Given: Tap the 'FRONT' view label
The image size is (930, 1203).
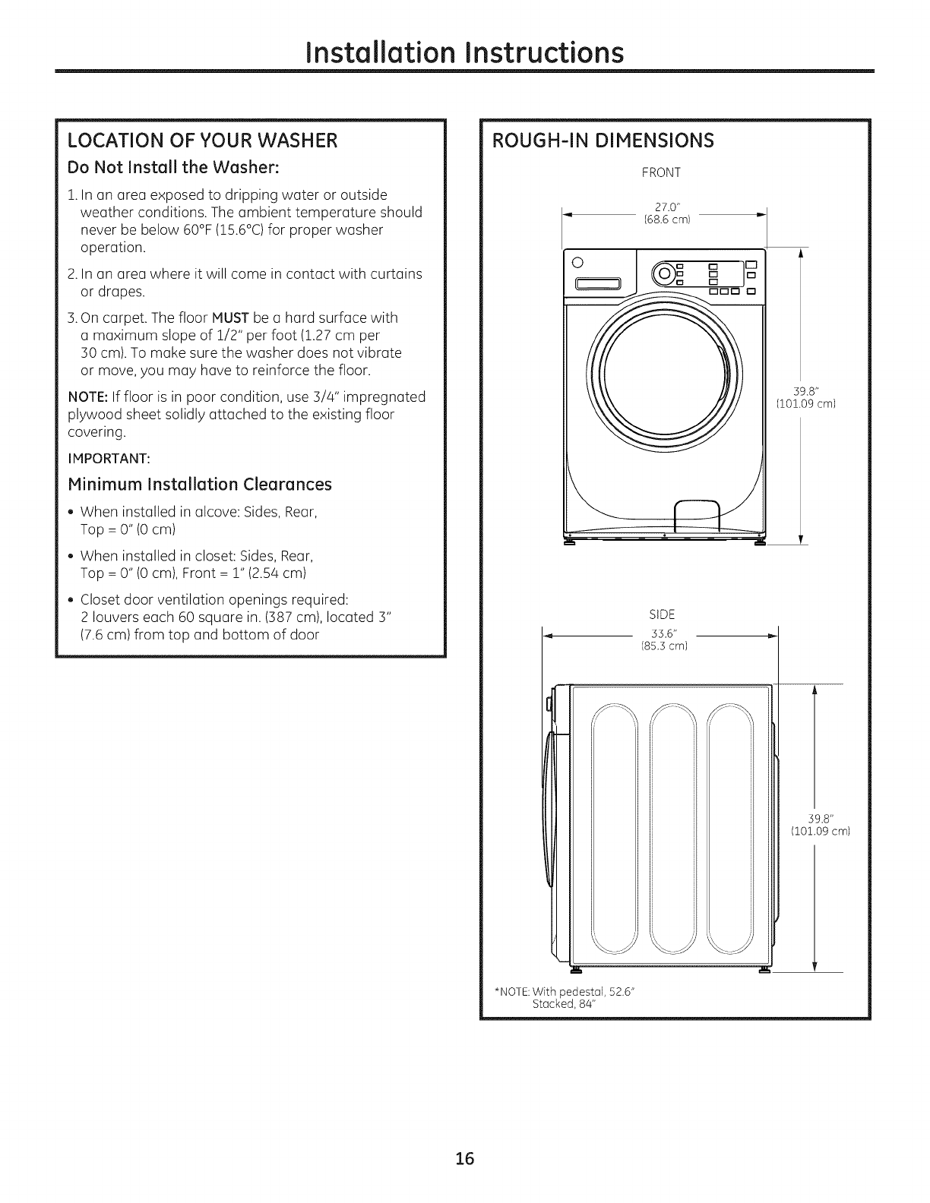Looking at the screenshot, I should coord(661,173).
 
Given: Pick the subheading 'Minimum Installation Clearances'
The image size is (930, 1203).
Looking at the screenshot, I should coord(200,484).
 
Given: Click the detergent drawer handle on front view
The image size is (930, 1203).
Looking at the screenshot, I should coord(599,286).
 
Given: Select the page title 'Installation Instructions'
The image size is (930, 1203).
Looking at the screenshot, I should coord(465,52).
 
